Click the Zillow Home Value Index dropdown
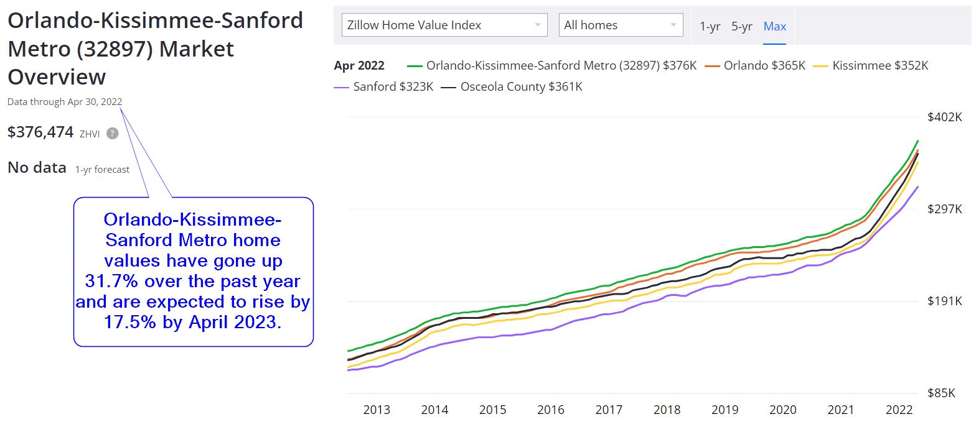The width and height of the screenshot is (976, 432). (x=444, y=25)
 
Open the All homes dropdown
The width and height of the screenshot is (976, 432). (x=621, y=25)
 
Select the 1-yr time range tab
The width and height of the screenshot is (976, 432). (x=710, y=26)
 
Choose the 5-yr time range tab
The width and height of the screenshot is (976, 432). (x=741, y=26)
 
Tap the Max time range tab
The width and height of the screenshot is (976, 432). (x=775, y=26)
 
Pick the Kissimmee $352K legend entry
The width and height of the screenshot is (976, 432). (x=880, y=65)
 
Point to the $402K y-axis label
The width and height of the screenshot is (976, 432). (x=944, y=117)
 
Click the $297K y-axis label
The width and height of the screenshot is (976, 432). (x=944, y=209)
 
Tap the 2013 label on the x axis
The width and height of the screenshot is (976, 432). (x=377, y=410)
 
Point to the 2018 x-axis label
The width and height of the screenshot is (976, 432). (x=667, y=410)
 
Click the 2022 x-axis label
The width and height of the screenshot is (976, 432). (x=899, y=410)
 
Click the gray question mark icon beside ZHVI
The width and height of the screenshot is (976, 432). (x=112, y=133)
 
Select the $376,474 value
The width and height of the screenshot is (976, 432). (x=40, y=132)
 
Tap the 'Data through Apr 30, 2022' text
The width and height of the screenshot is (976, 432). (x=65, y=102)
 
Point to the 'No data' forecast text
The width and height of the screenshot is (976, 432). (x=37, y=168)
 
